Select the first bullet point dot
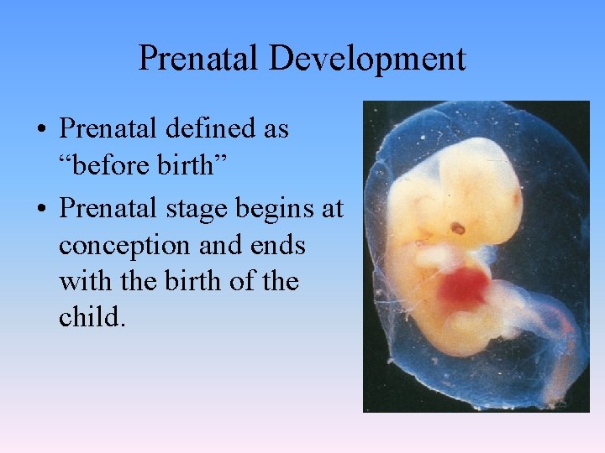click(x=40, y=131)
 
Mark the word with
click(x=82, y=281)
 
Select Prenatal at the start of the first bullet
click(x=111, y=129)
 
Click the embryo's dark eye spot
click(x=458, y=227)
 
